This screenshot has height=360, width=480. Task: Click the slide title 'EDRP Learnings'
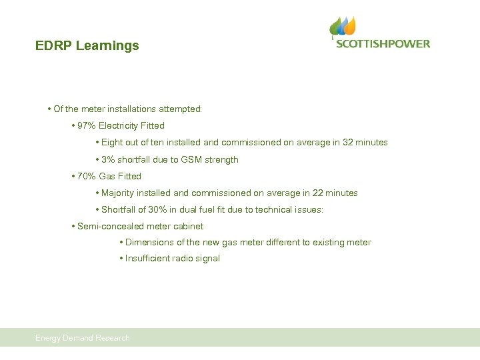(87, 46)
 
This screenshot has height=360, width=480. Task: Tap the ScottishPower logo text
(383, 44)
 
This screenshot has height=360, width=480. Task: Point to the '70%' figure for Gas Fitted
(87, 176)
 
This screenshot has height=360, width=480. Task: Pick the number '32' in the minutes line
(348, 142)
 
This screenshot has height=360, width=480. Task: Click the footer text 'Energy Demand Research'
(83, 338)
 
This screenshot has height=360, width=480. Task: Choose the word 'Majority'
(119, 193)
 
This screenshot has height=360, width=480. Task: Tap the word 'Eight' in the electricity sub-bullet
(112, 142)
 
